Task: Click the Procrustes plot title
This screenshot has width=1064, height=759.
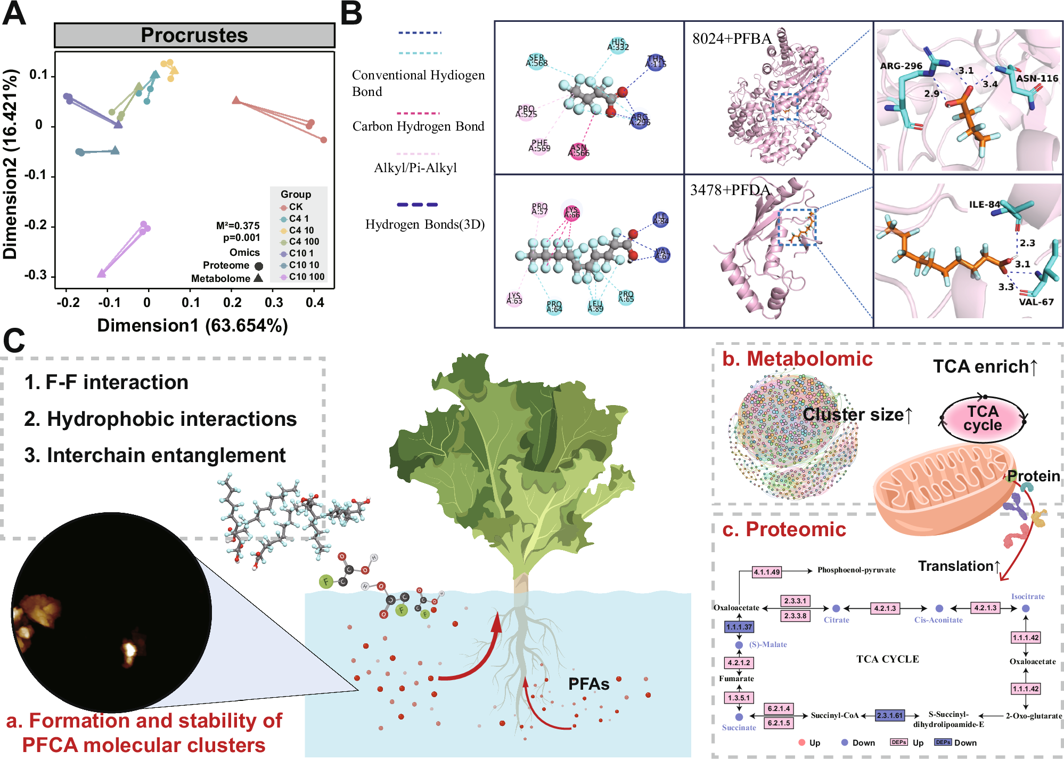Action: point(194,36)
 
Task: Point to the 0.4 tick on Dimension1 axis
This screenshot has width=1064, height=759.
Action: point(315,303)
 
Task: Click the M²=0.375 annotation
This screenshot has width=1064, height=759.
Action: point(238,225)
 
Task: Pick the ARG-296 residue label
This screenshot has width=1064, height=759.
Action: point(901,66)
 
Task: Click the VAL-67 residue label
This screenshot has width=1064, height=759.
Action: point(1036,302)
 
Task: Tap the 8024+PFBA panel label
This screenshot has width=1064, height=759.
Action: point(732,39)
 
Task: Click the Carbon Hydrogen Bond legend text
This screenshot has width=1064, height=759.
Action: point(418,126)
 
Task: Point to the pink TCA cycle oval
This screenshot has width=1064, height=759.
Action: point(983,419)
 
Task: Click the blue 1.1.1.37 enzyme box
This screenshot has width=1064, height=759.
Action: point(739,627)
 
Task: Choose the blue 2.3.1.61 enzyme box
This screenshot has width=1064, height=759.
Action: point(890,715)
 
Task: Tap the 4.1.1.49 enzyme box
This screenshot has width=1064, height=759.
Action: point(767,572)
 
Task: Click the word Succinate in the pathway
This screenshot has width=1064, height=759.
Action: point(739,728)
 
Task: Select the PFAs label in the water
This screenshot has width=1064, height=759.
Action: point(588,684)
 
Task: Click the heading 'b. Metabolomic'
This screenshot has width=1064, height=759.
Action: point(797,359)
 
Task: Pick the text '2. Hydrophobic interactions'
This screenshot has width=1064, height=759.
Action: point(160,419)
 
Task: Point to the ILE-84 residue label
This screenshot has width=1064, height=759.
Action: point(984,204)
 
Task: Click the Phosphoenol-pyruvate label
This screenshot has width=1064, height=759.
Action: point(856,570)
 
